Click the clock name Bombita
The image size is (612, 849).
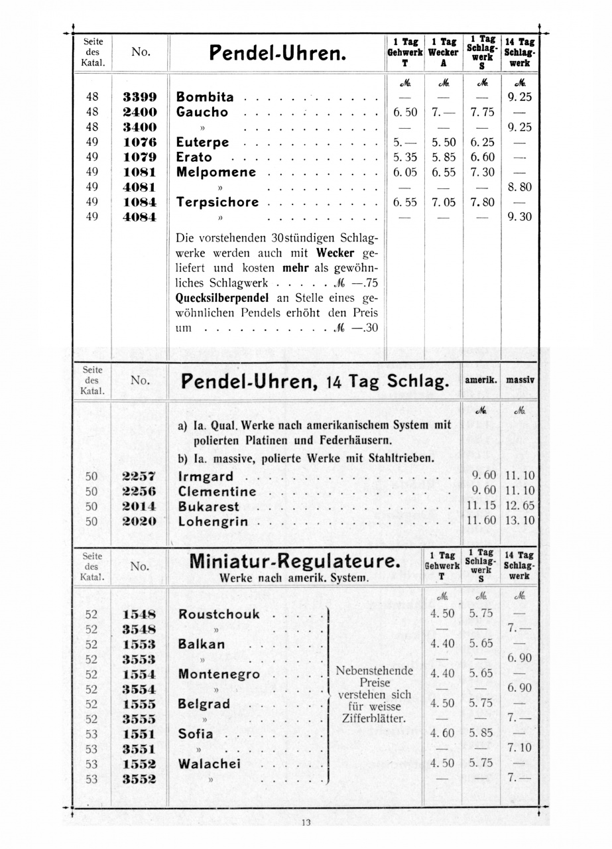point(205,97)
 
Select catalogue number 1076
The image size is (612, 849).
point(140,142)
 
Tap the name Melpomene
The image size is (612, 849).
point(216,172)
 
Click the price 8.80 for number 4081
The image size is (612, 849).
point(519,187)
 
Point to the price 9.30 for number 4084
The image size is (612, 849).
point(519,217)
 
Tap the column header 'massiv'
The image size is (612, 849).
point(520,381)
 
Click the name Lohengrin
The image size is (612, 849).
point(213,521)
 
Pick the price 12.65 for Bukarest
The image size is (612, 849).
point(520,506)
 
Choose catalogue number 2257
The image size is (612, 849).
point(140,476)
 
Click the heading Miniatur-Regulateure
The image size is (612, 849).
point(295,562)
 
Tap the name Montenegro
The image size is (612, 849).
point(219,674)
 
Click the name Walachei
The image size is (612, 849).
point(210,764)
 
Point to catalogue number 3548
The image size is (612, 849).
point(140,629)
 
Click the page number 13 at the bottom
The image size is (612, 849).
point(306,822)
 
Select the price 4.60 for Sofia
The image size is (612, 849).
point(443,734)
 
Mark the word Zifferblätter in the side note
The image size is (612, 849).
point(375,718)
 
